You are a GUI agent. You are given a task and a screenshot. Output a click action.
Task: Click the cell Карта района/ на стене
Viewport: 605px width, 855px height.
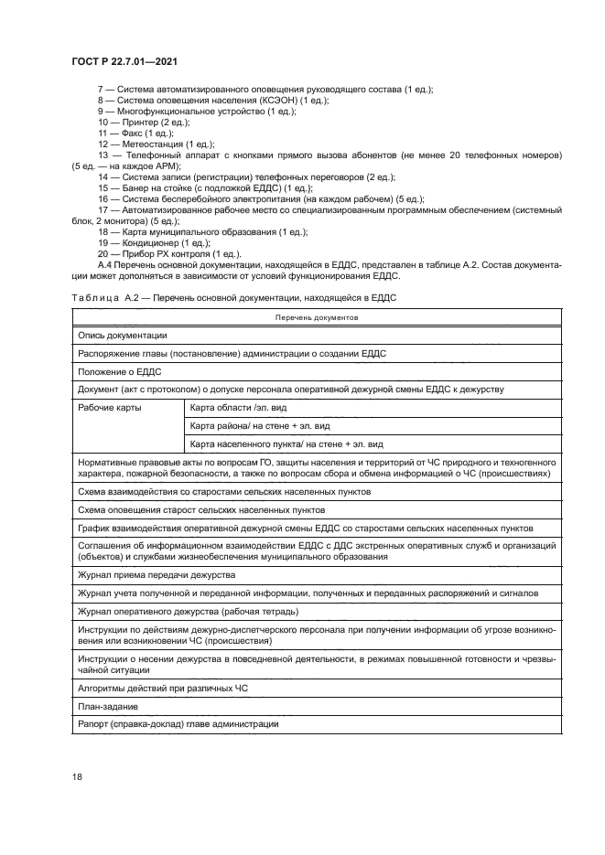(260, 426)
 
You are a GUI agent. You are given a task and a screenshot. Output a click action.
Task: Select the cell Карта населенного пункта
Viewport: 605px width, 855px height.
(286, 444)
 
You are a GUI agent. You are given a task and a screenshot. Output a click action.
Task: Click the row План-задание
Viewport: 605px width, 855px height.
(108, 706)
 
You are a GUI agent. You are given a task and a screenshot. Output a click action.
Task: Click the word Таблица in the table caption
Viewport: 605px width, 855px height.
(92, 298)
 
